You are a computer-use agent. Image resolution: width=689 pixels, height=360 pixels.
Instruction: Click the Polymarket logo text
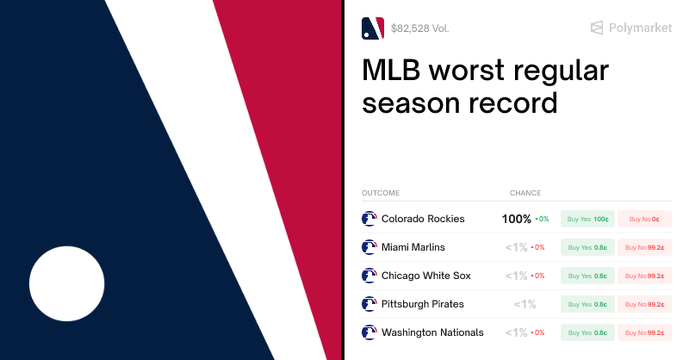coord(640,28)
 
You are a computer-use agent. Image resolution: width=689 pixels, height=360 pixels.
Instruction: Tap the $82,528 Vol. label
coord(419,28)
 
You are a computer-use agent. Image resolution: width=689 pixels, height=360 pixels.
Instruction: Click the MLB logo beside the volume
coord(373,28)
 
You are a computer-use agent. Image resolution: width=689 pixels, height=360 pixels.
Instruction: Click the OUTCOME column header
coord(380,193)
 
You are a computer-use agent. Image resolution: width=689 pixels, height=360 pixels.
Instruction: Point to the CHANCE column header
coord(525,193)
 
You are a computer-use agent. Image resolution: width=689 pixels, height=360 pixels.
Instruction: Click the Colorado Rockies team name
coord(423,219)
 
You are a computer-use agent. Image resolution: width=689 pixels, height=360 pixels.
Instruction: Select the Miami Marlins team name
coord(413,247)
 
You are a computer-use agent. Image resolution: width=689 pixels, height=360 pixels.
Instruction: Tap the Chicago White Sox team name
coord(425,276)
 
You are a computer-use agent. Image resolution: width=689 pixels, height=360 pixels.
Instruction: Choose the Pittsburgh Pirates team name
coord(422,304)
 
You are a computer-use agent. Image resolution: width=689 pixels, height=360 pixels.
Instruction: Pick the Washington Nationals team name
coord(432,332)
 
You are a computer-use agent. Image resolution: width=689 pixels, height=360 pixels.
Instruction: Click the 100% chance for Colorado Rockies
coord(517,219)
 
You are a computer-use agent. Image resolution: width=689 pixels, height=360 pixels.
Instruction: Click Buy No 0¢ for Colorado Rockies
coord(644,219)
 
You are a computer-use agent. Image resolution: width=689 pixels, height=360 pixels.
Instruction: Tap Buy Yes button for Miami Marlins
coord(587,247)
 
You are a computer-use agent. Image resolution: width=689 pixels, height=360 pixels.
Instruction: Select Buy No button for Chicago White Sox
coord(644,276)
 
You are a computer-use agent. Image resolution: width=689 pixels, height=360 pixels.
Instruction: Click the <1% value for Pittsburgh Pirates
coord(525,304)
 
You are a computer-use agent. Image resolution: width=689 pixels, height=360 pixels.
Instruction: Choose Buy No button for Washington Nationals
coord(644,332)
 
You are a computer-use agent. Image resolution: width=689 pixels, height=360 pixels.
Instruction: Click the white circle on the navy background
coord(67,283)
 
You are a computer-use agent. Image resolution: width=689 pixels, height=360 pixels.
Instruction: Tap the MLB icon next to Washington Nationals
coord(369,332)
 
